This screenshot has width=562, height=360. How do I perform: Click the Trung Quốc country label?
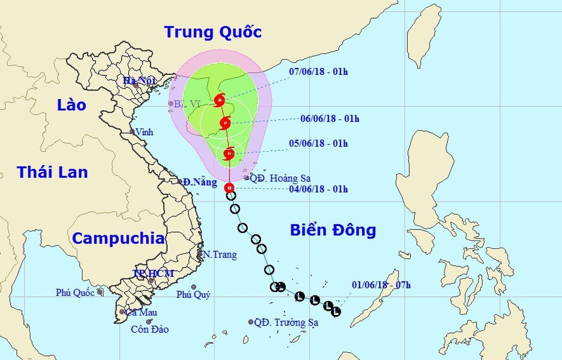tap(213, 32)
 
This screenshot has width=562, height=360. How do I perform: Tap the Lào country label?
tap(71, 105)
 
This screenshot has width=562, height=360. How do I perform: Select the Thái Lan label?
tap(52, 172)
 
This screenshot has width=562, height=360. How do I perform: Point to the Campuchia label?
tap(118, 238)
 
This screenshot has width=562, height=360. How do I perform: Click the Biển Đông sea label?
tap(333, 230)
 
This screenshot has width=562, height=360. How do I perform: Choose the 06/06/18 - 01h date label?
tap(330, 119)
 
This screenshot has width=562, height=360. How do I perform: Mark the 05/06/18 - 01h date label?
tap(318, 143)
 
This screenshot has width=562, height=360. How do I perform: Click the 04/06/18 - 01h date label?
tap(318, 189)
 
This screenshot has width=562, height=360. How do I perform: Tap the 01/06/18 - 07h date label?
tap(382, 286)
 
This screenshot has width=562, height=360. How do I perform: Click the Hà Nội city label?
tap(133, 81)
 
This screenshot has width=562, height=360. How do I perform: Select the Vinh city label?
tap(144, 132)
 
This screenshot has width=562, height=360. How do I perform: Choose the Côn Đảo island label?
tap(149, 330)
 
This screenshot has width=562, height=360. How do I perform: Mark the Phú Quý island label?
tap(193, 295)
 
